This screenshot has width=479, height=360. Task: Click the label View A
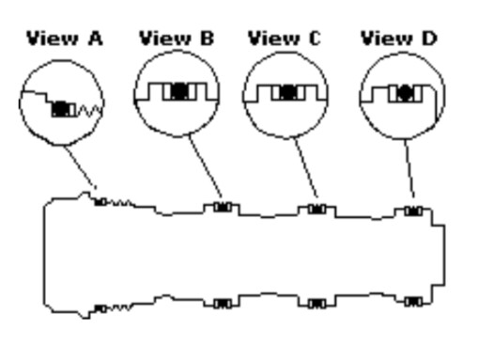(65, 39)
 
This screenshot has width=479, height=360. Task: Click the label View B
(177, 39)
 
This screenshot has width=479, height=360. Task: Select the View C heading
(285, 39)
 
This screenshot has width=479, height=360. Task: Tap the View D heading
(399, 39)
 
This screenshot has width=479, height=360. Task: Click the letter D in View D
(428, 39)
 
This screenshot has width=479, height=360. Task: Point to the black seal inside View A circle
(60, 109)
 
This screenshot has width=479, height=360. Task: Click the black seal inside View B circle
(179, 91)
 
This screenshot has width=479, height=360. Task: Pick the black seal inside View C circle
(288, 92)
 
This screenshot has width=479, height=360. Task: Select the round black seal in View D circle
(406, 93)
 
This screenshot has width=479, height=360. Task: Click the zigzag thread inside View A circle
(90, 111)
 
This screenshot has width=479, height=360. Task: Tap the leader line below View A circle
(81, 167)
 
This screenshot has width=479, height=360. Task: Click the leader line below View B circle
(206, 166)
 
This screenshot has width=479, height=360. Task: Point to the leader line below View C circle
(306, 168)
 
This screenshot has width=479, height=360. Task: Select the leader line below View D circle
(409, 168)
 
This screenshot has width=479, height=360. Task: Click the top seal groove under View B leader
(223, 207)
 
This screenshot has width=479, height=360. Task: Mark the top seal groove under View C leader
(317, 209)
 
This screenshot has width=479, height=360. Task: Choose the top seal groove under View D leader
(413, 211)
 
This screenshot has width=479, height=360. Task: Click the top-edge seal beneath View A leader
(100, 202)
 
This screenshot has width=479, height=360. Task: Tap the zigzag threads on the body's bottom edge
(119, 307)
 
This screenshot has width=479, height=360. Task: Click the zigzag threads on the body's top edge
(121, 203)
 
